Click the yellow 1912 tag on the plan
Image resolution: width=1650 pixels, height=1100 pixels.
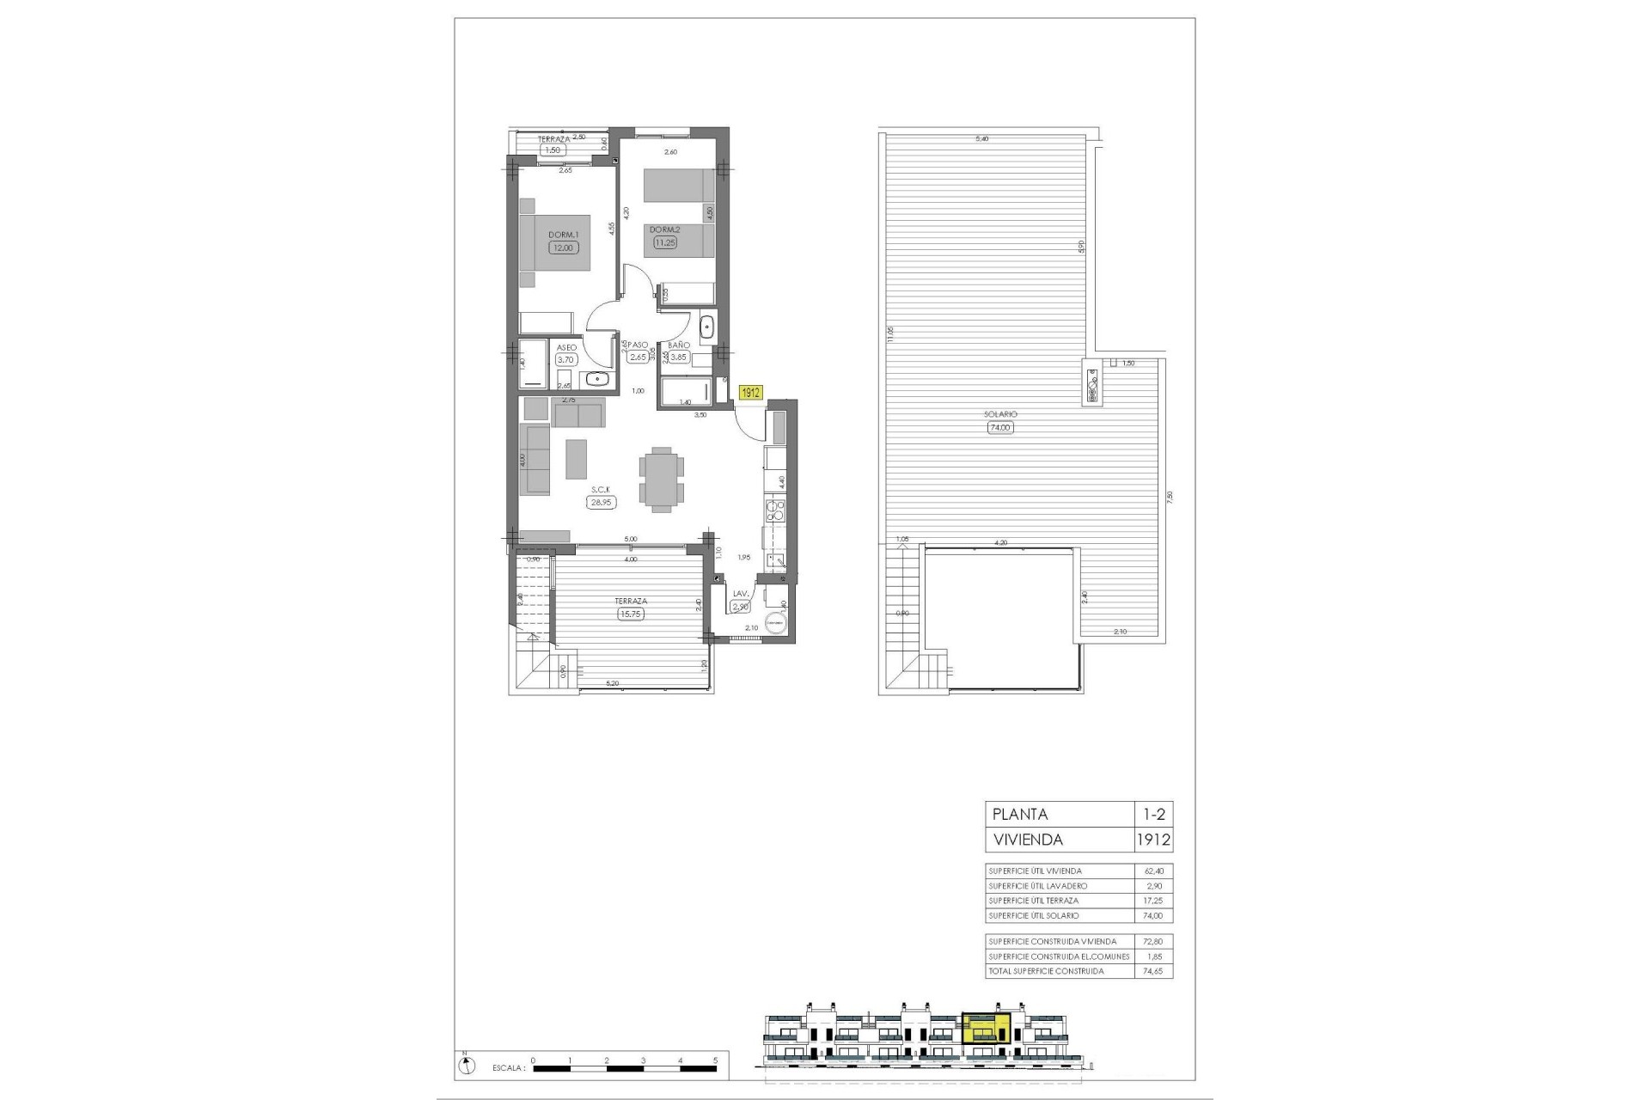(x=751, y=393)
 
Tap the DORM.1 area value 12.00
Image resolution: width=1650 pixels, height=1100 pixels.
(x=564, y=247)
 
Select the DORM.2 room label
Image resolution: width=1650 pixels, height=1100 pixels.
(x=664, y=229)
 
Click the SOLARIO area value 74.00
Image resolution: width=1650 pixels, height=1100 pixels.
(x=1000, y=427)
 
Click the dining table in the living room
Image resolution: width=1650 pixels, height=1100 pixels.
(x=662, y=480)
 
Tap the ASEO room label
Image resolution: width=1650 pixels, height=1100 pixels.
(x=566, y=347)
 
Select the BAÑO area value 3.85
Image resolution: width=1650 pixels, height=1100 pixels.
(x=679, y=357)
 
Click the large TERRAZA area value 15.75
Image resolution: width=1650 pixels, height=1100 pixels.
(x=631, y=614)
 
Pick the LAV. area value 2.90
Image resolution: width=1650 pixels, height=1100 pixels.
(x=740, y=607)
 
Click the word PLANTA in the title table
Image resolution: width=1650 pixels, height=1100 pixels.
(x=1020, y=815)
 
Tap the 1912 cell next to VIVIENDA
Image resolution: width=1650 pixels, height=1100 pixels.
(x=1152, y=840)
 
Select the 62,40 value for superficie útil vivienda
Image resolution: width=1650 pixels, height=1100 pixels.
(x=1152, y=871)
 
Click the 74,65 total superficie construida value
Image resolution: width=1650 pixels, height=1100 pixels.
(x=1152, y=971)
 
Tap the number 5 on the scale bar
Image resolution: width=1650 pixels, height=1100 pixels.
(x=715, y=1060)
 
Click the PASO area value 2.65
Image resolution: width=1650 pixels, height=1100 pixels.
(x=638, y=357)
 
